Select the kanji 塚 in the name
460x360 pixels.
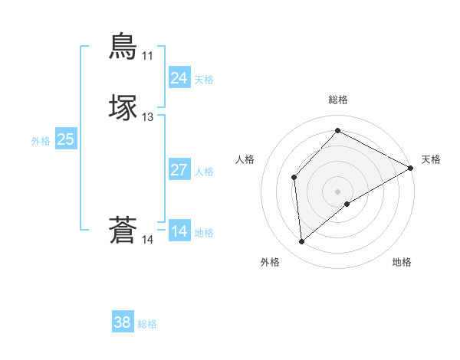click(x=123, y=108)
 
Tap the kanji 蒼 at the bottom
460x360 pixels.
click(x=123, y=231)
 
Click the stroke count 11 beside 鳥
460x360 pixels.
click(x=147, y=56)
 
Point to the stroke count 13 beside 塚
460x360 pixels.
click(x=147, y=117)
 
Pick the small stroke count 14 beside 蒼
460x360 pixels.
click(x=147, y=240)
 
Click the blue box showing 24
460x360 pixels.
click(x=179, y=78)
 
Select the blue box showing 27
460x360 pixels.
click(x=179, y=170)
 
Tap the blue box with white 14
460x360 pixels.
click(x=179, y=231)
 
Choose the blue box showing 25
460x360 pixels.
click(x=65, y=139)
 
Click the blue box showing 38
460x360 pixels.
click(x=122, y=323)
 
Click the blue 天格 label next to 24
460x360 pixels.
click(x=204, y=80)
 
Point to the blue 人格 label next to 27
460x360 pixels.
click(x=204, y=172)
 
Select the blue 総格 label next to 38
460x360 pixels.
click(x=147, y=325)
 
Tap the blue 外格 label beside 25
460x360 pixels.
click(x=40, y=141)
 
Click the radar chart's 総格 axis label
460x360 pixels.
click(x=337, y=100)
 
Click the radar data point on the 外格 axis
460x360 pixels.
click(x=301, y=242)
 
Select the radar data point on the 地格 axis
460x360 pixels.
click(x=347, y=204)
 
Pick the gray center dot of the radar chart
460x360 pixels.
click(x=337, y=191)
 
